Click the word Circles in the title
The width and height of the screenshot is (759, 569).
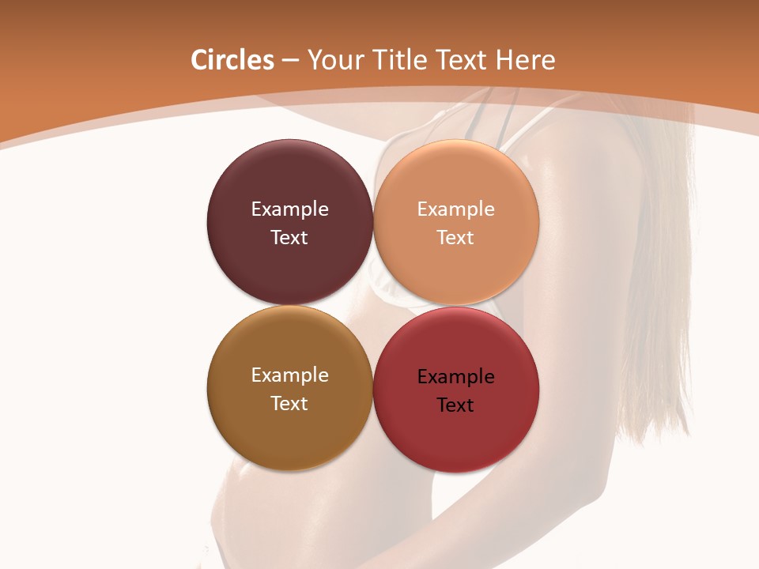coord(232,60)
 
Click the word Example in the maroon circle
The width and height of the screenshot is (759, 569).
coord(289,209)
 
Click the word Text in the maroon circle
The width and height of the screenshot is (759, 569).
coord(289,238)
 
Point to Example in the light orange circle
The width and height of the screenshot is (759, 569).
coord(455,209)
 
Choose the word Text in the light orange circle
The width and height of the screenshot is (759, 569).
coord(455,238)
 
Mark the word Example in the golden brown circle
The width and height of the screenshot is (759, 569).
coord(289,375)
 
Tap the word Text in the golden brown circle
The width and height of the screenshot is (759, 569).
coord(289,404)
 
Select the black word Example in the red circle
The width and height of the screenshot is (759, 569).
coord(455,377)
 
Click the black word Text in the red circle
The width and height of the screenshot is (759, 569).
coord(455,405)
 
